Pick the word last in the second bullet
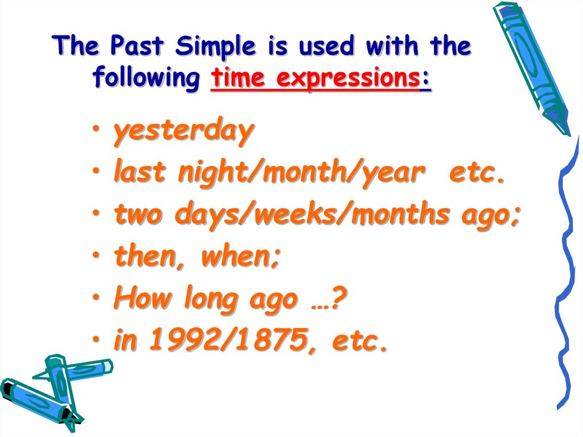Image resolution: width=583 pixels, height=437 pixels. coord(140,173)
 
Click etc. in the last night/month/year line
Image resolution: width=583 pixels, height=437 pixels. coord(477,173)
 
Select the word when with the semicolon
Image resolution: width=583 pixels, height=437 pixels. coord(240,256)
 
